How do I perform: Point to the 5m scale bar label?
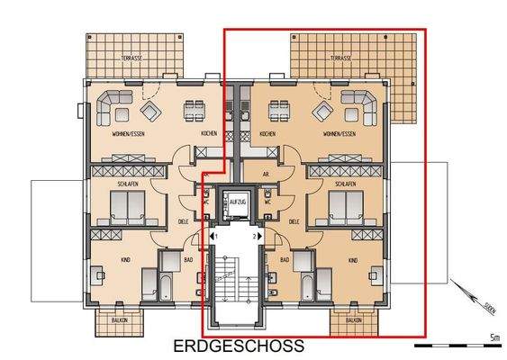[x=494, y=337]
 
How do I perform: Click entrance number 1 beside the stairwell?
[x=213, y=236]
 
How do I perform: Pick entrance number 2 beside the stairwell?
[x=256, y=236]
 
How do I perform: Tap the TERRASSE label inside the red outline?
[x=340, y=58]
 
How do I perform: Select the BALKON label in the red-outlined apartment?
[x=353, y=320]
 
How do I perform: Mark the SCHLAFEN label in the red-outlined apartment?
[x=345, y=184]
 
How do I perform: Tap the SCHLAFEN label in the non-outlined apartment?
[x=127, y=184]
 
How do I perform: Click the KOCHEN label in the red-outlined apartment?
[x=267, y=134]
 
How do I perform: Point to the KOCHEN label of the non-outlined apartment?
[x=208, y=134]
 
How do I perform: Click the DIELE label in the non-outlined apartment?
[x=184, y=220]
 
